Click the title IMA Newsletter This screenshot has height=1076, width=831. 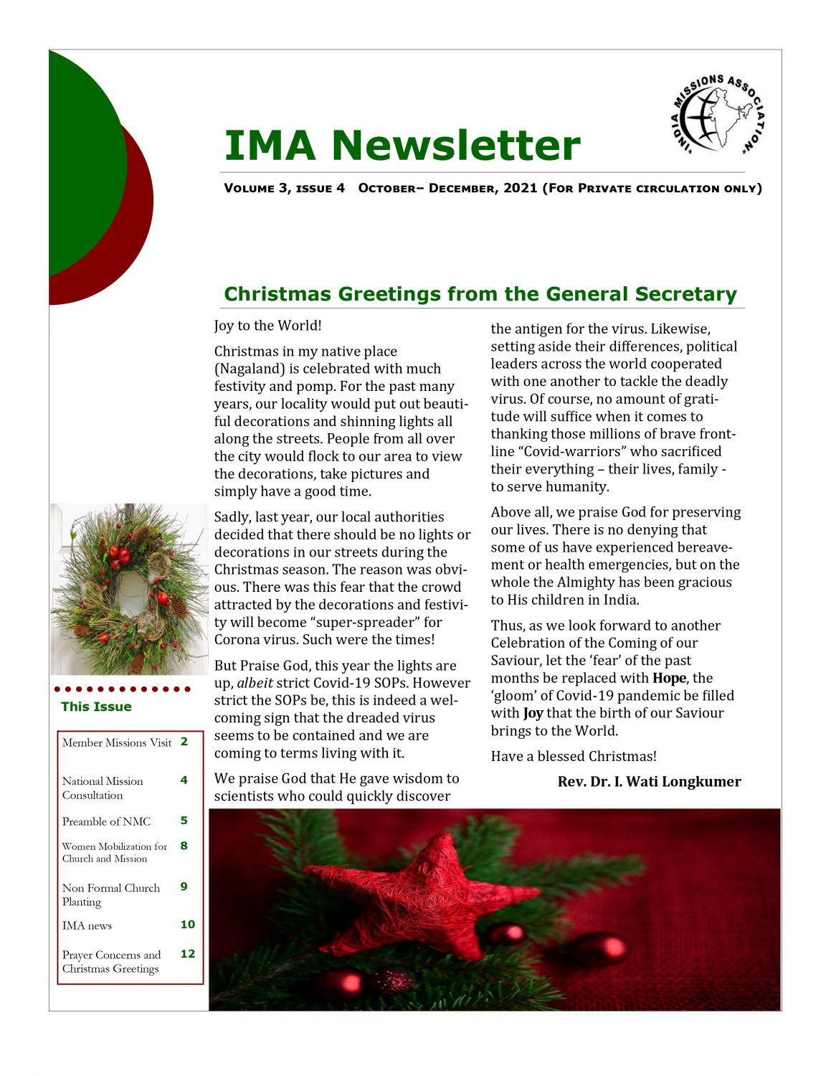(402, 145)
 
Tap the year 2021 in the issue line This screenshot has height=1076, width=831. (520, 188)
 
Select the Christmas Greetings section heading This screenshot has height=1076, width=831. (480, 294)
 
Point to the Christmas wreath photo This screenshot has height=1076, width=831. (129, 588)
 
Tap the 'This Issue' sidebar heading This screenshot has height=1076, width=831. (96, 707)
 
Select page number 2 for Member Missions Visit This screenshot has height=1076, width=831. (184, 742)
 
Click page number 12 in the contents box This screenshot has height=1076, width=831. (188, 953)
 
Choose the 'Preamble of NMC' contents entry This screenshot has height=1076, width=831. (106, 821)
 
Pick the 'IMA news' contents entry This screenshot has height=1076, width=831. (87, 925)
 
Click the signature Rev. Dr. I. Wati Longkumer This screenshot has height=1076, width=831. (649, 782)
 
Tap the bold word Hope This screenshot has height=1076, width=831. (671, 678)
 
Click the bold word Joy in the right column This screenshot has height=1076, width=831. (533, 713)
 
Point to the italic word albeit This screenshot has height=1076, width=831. (255, 683)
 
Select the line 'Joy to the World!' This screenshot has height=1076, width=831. (267, 326)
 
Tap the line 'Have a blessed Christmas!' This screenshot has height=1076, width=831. (574, 756)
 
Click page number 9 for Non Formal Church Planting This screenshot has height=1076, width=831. (184, 887)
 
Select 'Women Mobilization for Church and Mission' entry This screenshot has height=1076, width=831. (113, 852)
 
